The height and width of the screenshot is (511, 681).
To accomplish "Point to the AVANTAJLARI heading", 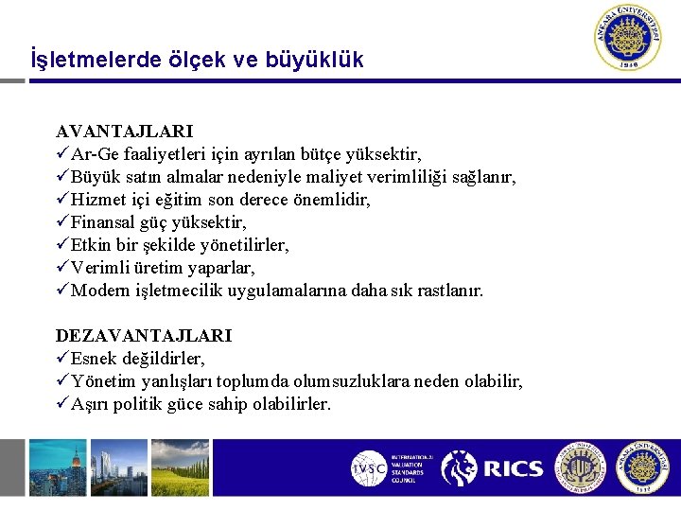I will [x=124, y=131].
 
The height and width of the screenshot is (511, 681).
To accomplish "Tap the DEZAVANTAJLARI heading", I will [x=144, y=336].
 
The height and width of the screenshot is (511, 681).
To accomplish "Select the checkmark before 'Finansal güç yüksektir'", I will [x=62, y=222].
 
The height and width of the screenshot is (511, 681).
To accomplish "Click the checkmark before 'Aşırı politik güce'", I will [x=62, y=404].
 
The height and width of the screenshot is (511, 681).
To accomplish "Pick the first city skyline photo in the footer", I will [x=57, y=467].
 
